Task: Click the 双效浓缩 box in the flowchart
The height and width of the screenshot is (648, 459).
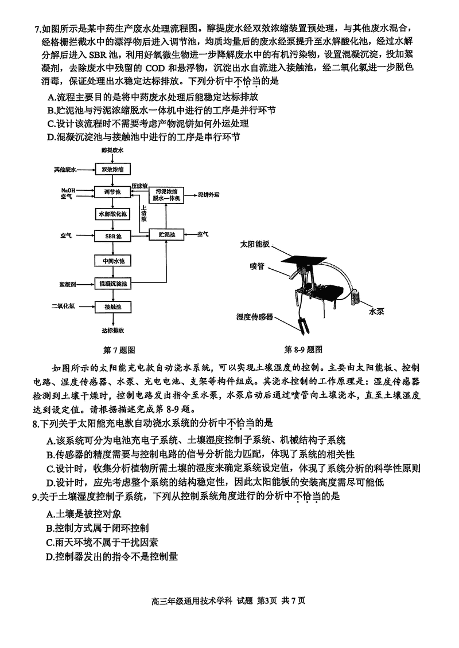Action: [x=113, y=169]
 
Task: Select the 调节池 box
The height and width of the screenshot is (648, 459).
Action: [x=113, y=193]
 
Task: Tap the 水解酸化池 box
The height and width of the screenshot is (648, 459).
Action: [x=113, y=214]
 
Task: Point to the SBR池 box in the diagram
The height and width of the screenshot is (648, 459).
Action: [x=113, y=235]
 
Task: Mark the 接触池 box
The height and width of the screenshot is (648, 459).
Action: [x=113, y=307]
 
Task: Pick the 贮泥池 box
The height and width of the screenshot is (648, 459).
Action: [x=166, y=235]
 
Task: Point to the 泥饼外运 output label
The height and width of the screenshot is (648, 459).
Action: [x=209, y=195]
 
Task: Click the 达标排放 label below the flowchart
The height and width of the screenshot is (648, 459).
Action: [x=113, y=331]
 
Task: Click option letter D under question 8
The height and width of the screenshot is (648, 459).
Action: [x=50, y=482]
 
